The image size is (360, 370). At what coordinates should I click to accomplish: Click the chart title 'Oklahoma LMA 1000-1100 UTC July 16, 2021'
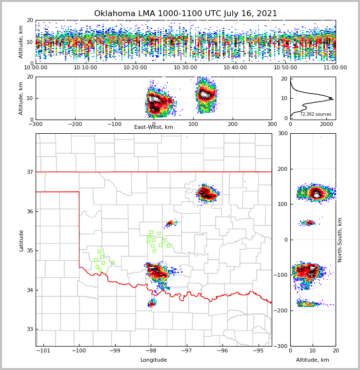pyautogui.click(x=185, y=14)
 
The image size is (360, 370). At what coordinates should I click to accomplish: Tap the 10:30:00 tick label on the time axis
pyautogui.click(x=185, y=68)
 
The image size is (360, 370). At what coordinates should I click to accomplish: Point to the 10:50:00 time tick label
pyautogui.click(x=285, y=68)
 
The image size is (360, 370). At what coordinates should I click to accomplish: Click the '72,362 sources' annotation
pyautogui.click(x=315, y=114)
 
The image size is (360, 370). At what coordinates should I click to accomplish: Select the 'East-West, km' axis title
pyautogui.click(x=154, y=127)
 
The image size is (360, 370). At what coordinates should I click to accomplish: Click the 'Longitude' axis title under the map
pyautogui.click(x=154, y=360)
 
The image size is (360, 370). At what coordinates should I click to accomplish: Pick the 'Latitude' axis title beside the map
pyautogui.click(x=21, y=240)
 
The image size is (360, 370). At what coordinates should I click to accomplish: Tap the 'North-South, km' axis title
pyautogui.click(x=340, y=240)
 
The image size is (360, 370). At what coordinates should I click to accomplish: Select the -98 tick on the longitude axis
pyautogui.click(x=151, y=351)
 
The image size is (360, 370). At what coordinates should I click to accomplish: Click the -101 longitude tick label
pyautogui.click(x=43, y=351)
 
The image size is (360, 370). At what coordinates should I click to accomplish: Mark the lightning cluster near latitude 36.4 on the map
pyautogui.click(x=207, y=193)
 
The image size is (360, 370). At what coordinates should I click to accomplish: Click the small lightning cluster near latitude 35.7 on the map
pyautogui.click(x=170, y=223)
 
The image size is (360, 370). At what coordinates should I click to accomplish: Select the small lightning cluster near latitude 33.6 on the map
pyautogui.click(x=152, y=304)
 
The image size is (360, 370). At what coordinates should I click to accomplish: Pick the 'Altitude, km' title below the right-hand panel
pyautogui.click(x=313, y=360)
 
